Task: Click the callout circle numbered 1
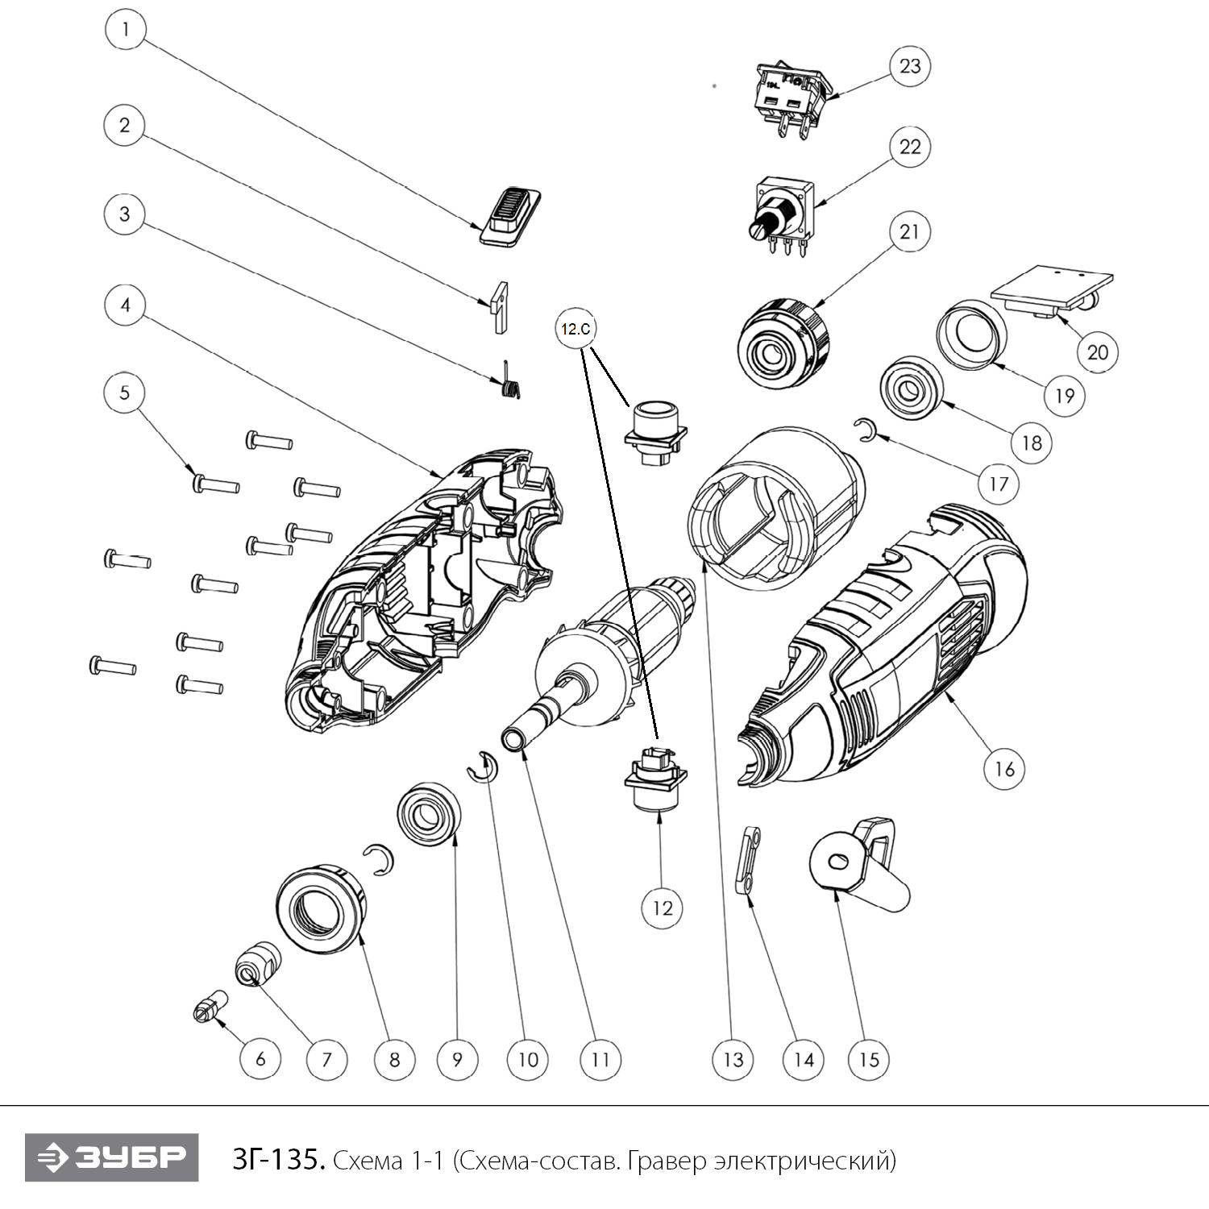pyautogui.click(x=125, y=31)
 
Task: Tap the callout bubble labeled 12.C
pyautogui.click(x=575, y=329)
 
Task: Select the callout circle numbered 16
pyautogui.click(x=1004, y=768)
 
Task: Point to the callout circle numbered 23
pyautogui.click(x=910, y=66)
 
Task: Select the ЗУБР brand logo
pyautogui.click(x=111, y=1157)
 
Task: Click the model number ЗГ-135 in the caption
pyautogui.click(x=278, y=1160)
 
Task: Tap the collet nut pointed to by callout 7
pyautogui.click(x=257, y=962)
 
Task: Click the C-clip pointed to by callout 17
pyautogui.click(x=865, y=430)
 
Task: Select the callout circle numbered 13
pyautogui.click(x=733, y=1059)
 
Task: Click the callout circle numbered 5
pyautogui.click(x=125, y=393)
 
